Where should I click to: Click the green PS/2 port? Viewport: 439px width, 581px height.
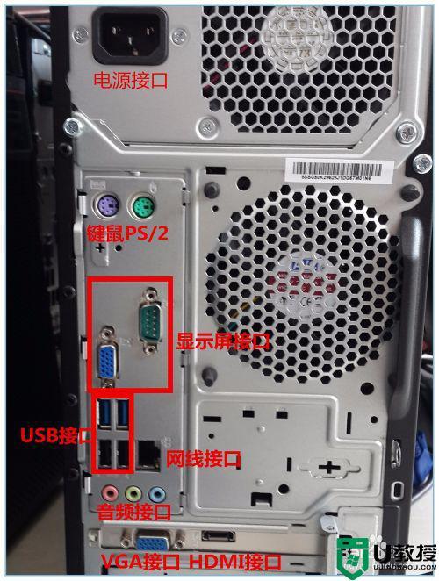(x=139, y=208)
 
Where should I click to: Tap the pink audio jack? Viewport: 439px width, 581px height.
(x=109, y=492)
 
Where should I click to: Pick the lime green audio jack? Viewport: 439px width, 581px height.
(x=133, y=493)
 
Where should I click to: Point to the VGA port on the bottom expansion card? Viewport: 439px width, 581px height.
(x=150, y=542)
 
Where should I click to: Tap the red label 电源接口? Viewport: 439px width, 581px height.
(x=131, y=82)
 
